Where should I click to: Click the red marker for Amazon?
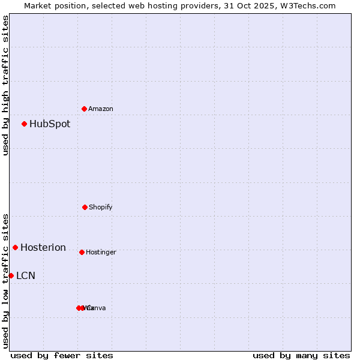[x=85, y=109]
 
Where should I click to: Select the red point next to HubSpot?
[x=25, y=124]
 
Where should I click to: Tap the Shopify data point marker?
[x=85, y=207]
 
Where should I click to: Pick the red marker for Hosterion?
[x=16, y=247]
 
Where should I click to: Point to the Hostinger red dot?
[x=82, y=252]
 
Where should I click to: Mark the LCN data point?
[x=11, y=275]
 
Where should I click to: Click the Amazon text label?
[x=101, y=109]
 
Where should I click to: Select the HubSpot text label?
[x=50, y=124]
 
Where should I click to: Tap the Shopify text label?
[x=101, y=208]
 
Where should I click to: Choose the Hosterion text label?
[x=43, y=248]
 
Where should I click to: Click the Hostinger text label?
[x=101, y=253]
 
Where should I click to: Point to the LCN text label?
[x=26, y=276]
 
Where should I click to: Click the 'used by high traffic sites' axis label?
[x=5, y=85]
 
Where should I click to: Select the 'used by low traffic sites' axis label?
[x=5, y=281]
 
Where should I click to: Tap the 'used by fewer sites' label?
[x=62, y=355]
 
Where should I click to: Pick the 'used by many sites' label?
[x=301, y=355]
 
